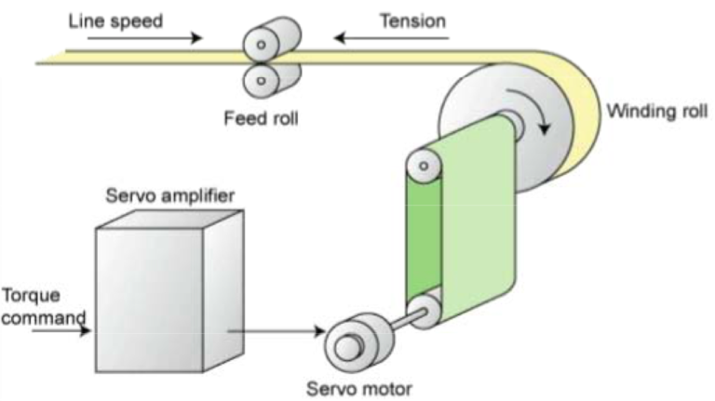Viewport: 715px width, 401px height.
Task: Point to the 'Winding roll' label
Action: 656,112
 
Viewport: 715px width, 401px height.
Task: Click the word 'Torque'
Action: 31,296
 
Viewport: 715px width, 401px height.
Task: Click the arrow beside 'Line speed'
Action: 181,39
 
